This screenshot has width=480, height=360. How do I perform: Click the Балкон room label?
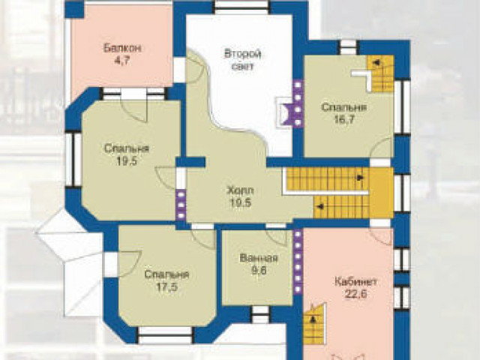click(x=122, y=48)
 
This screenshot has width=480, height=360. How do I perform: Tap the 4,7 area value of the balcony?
click(x=122, y=61)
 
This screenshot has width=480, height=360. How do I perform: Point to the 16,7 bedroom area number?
click(x=344, y=119)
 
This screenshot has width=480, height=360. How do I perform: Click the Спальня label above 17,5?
click(x=166, y=274)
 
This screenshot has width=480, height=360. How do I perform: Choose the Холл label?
click(x=240, y=190)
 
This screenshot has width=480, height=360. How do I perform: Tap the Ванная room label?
click(x=259, y=258)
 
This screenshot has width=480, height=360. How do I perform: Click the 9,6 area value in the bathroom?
click(x=259, y=271)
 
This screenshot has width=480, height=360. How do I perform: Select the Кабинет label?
click(x=355, y=282)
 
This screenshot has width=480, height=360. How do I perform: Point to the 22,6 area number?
click(x=355, y=294)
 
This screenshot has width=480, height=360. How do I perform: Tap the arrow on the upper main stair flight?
click(x=360, y=177)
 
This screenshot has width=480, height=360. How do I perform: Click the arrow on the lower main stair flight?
click(x=320, y=207)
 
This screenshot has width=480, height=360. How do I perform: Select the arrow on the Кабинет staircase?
click(x=313, y=320)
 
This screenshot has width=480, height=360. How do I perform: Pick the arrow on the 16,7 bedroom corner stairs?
click(x=376, y=63)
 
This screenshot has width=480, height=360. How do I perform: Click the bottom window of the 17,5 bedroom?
click(x=165, y=335)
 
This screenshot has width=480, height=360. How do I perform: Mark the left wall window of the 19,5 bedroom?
click(x=73, y=160)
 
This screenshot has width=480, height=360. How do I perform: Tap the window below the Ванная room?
click(x=260, y=314)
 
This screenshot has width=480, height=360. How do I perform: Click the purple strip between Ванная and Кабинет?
click(x=298, y=262)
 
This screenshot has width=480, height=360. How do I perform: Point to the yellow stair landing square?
click(x=381, y=193)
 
